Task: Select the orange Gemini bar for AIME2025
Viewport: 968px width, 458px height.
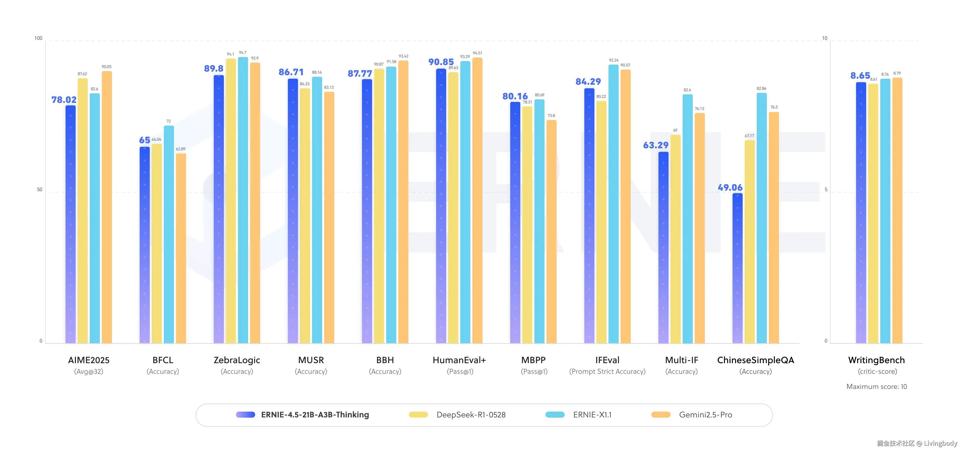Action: click(107, 207)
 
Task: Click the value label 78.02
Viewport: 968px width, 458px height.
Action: click(64, 100)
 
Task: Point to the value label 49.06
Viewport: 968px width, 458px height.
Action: click(730, 187)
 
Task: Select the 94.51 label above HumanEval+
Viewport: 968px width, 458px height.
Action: click(477, 53)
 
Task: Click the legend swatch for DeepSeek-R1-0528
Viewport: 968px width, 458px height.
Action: click(418, 414)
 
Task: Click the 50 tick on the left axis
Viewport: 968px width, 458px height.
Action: click(40, 189)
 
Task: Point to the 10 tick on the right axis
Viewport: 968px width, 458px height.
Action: click(825, 38)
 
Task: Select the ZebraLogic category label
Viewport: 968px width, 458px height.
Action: click(237, 360)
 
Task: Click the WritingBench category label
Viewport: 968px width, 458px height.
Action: click(876, 360)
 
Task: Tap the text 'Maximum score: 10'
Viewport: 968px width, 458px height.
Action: click(876, 387)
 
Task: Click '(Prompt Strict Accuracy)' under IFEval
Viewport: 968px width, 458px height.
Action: click(607, 371)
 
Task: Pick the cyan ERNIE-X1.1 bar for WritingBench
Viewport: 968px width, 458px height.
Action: click(885, 211)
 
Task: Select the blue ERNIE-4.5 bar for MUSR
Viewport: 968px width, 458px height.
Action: click(293, 211)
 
